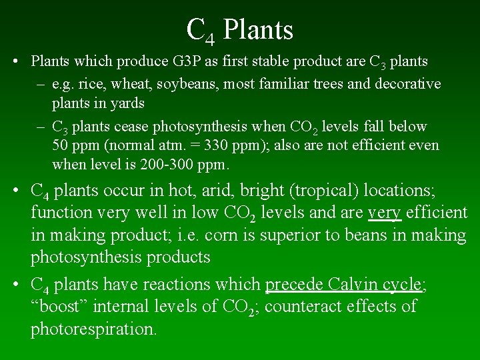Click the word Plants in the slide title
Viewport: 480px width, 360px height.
[258, 29]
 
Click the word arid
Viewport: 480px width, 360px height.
[219, 191]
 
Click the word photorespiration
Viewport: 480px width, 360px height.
[93, 329]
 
